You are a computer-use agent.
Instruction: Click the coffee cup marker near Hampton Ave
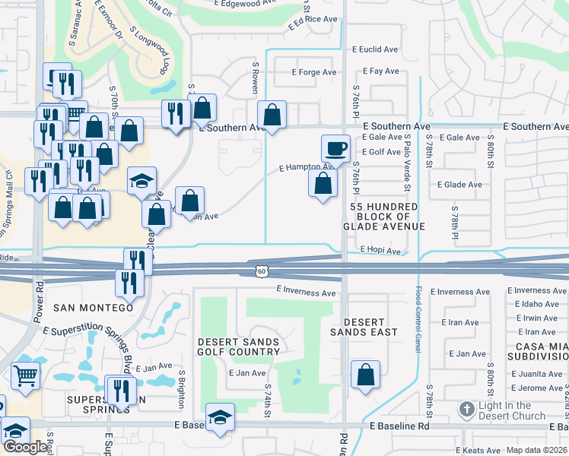(335, 147)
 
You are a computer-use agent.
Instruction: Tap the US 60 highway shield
(261, 271)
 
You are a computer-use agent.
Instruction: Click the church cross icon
(467, 410)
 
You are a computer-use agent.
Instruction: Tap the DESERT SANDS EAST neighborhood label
(364, 326)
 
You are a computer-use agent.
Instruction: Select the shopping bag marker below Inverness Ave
(366, 375)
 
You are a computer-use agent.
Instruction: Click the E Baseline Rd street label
(399, 426)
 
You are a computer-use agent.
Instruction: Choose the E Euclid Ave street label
(375, 49)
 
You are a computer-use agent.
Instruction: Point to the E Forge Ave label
(314, 73)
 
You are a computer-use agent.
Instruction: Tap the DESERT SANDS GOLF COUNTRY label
(238, 347)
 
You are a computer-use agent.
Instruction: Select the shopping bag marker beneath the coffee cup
(323, 183)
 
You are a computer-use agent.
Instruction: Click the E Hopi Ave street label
(380, 250)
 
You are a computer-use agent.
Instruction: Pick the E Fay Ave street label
(381, 71)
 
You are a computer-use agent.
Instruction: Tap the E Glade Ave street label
(459, 185)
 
